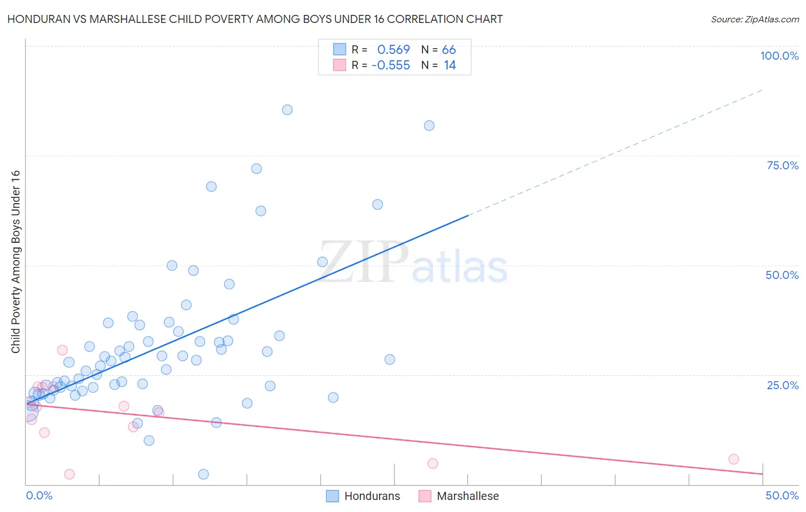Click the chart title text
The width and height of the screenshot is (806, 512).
pos(255,19)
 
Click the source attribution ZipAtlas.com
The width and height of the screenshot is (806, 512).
pos(754,19)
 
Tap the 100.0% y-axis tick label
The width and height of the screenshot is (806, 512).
pos(779,56)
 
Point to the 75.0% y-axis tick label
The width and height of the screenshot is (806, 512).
pos(782,165)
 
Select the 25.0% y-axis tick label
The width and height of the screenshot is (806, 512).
pos(782,385)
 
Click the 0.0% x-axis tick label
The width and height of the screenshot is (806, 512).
pos(39,495)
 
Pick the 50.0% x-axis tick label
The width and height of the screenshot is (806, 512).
pos(782,495)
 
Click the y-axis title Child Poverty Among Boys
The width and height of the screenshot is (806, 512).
pos(15,262)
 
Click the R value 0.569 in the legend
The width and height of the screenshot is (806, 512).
pos(393,50)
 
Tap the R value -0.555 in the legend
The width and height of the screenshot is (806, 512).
pos(391,65)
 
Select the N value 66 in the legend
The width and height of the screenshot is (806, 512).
pos(449,50)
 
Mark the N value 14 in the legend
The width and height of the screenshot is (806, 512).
pos(450,65)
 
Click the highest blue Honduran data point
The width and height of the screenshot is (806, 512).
pos(287,110)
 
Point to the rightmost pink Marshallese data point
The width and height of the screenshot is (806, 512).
pos(733,459)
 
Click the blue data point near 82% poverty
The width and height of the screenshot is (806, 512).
pos(429,126)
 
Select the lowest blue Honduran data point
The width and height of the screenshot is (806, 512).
pos(203,474)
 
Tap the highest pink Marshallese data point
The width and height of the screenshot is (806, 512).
pos(62,350)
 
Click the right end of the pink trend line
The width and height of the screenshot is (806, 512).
pos(762,474)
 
